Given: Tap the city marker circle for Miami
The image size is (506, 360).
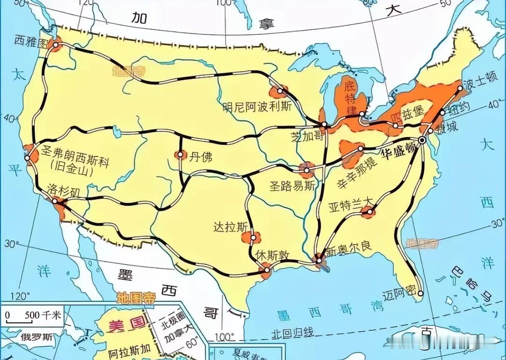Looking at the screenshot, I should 421,294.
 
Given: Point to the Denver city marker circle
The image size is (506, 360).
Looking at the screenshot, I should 181,155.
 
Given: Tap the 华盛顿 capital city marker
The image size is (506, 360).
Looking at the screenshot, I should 423,141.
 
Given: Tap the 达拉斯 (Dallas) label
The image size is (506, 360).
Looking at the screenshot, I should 230,227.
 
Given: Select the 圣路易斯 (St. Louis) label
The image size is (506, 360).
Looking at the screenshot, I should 292,185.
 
